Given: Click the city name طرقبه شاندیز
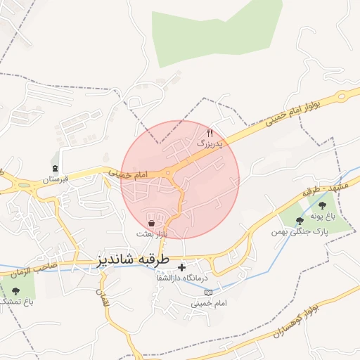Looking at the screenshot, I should [133, 259].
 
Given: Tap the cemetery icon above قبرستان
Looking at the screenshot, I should [56, 167].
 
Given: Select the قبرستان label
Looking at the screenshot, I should [56, 179].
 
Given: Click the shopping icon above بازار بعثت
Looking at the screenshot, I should [152, 223].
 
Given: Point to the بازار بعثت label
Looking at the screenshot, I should [152, 233].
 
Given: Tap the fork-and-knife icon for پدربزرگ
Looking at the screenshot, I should [210, 133].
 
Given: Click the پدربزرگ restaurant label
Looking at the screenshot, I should [208, 143].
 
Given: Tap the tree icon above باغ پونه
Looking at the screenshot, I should [322, 205].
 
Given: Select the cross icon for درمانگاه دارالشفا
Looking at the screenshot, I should [182, 267].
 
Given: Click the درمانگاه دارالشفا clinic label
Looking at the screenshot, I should [183, 279].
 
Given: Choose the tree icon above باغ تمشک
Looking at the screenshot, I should [15, 290].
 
